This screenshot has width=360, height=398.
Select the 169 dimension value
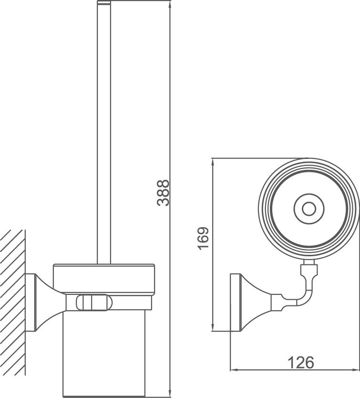click(x=204, y=238)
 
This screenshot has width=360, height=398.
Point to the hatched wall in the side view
click(x=12, y=301)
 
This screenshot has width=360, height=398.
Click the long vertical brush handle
click(x=104, y=134)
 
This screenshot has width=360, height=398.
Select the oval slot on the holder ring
click(x=93, y=303)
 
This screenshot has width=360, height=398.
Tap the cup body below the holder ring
click(x=104, y=353)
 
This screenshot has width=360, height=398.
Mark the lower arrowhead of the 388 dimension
click(x=170, y=394)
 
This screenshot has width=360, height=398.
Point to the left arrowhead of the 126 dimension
click(x=234, y=369)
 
